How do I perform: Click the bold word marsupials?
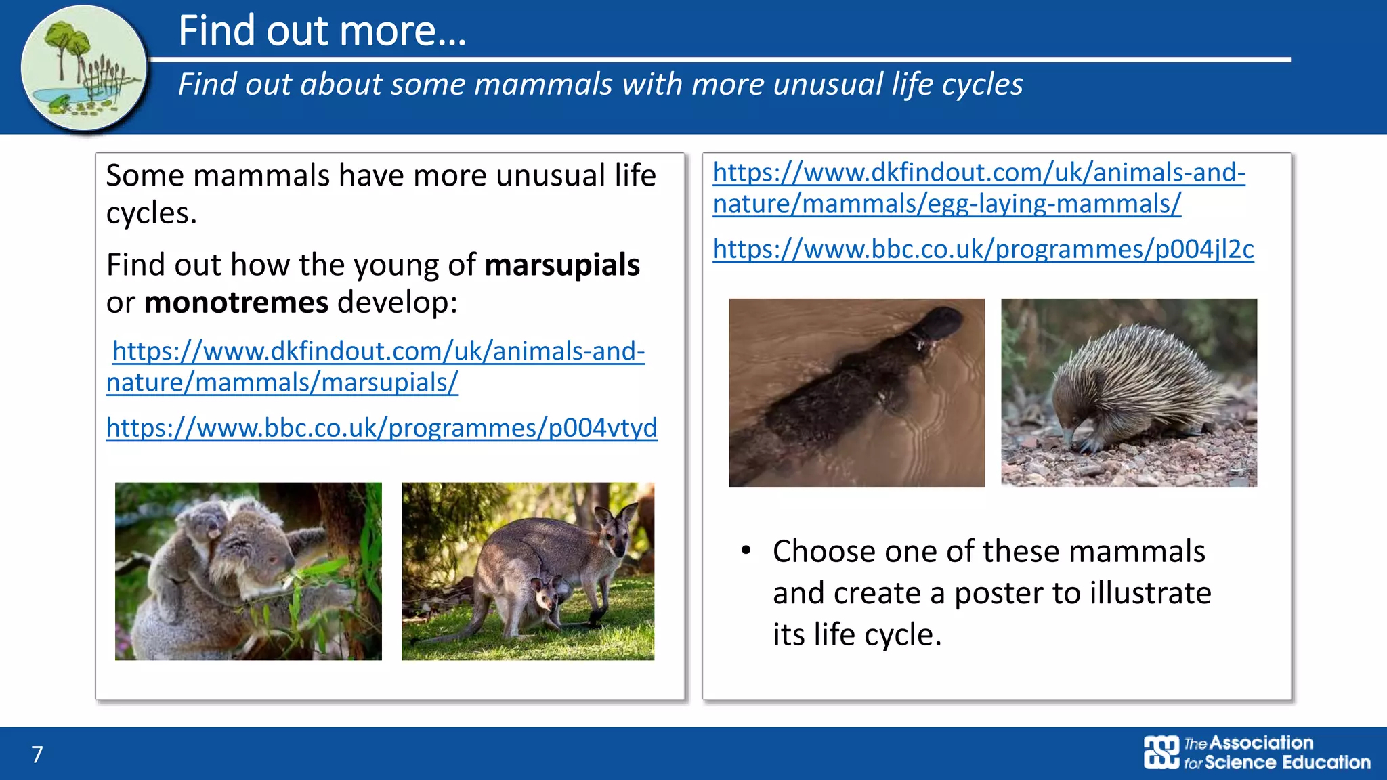click(x=561, y=265)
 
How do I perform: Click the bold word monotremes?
click(x=236, y=303)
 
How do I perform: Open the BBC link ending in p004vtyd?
click(x=381, y=428)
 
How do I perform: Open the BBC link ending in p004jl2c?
click(x=983, y=249)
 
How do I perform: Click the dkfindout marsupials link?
click(x=376, y=366)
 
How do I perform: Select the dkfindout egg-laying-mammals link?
click(x=978, y=188)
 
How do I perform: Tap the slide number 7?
click(x=37, y=754)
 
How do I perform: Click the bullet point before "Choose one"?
click(x=746, y=550)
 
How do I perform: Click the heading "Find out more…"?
click(x=322, y=31)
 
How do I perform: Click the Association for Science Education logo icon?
click(x=1161, y=752)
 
